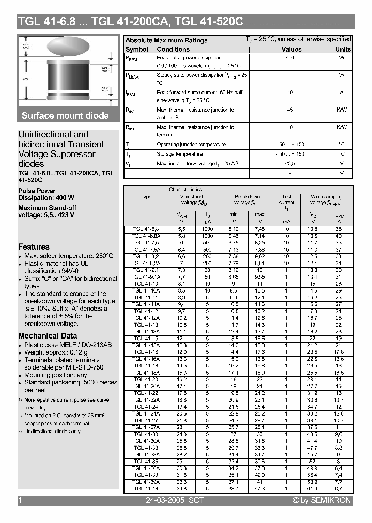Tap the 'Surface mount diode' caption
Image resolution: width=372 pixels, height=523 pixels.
pyautogui.click(x=65, y=116)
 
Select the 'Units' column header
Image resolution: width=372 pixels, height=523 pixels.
pyautogui.click(x=343, y=49)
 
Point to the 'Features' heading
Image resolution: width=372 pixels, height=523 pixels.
pyautogui.click(x=34, y=247)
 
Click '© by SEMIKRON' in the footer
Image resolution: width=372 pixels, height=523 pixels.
pyautogui.click(x=322, y=500)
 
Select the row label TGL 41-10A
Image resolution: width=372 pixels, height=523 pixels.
pyautogui.click(x=146, y=291)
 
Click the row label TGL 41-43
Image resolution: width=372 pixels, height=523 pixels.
pyautogui.click(x=146, y=488)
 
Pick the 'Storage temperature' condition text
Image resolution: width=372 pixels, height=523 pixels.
pyautogui.click(x=179, y=154)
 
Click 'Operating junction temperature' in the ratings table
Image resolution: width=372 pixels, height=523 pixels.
pyautogui.click(x=191, y=145)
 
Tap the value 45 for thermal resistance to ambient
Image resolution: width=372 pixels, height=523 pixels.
pyautogui.click(x=290, y=110)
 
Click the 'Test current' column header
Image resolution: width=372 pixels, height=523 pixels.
pyautogui.click(x=287, y=199)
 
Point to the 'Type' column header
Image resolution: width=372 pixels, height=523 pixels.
pyautogui.click(x=146, y=197)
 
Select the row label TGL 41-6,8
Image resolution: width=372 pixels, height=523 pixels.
pyautogui.click(x=146, y=228)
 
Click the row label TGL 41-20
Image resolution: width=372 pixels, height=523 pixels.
pyautogui.click(x=146, y=379)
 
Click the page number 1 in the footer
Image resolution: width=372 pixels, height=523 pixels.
pyautogui.click(x=20, y=500)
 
